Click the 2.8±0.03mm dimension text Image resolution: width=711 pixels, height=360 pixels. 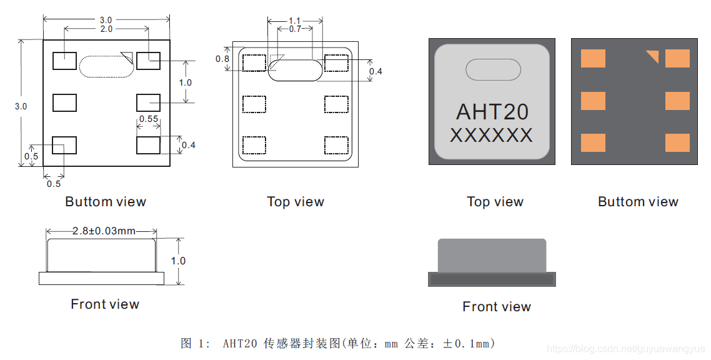coord(103,231)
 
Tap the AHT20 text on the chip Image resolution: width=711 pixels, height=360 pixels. coord(492,112)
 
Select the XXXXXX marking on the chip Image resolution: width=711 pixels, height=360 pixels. coord(491,135)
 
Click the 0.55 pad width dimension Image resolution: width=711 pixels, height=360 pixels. coord(148,119)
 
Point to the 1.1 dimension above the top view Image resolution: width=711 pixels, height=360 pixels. coord(294,21)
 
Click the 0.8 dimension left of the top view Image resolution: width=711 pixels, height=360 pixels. coord(222,59)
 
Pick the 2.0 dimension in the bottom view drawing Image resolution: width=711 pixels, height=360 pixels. coord(106,29)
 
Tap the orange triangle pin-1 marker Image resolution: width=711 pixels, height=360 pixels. coord(653,56)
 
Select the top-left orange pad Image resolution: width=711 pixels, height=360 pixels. coord(593,59)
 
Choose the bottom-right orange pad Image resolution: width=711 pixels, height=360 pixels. coord(677,142)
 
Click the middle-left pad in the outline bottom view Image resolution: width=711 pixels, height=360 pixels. coord(64,102)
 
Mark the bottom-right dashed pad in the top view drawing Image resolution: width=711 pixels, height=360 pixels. coord(336,145)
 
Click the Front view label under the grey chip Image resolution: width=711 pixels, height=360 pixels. coord(497,307)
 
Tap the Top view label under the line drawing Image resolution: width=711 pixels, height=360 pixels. coord(296,202)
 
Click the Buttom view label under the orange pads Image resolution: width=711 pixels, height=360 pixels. coord(638,202)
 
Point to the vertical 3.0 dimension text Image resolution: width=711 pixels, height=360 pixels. coord(21,106)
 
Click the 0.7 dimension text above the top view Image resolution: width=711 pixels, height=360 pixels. coord(294,29)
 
